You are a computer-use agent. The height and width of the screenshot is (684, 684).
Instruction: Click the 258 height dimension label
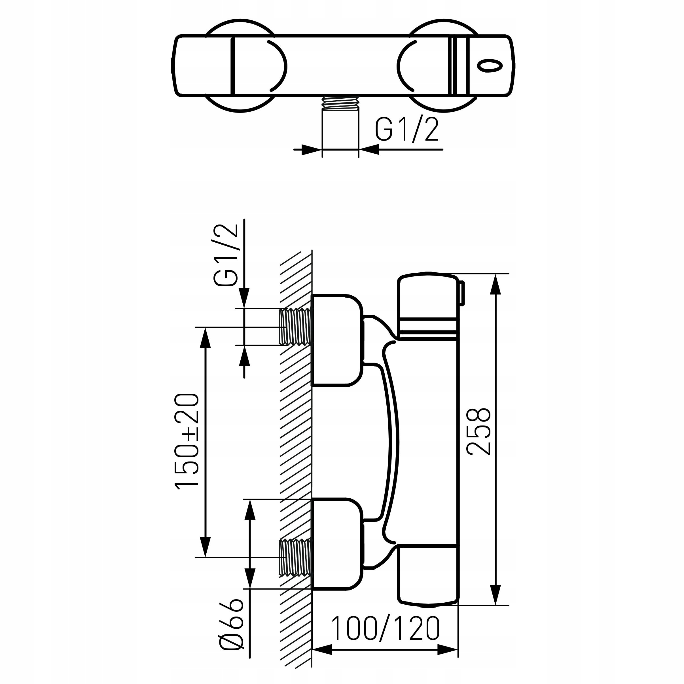click(x=479, y=431)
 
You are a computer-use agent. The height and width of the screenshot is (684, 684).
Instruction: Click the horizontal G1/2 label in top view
click(x=407, y=130)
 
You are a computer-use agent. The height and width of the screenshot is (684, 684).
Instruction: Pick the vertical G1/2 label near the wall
click(x=226, y=255)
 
